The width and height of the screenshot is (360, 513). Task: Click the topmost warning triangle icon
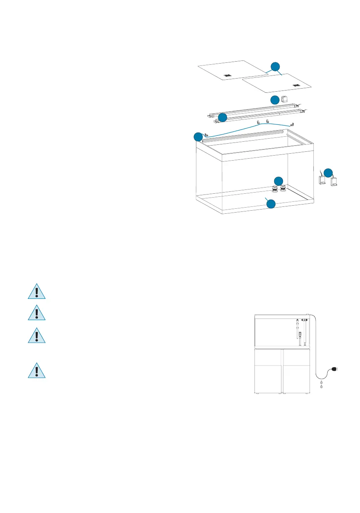click(x=37, y=292)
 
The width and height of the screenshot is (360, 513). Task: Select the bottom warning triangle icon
click(x=37, y=370)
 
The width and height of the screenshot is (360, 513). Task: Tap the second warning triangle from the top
click(x=37, y=313)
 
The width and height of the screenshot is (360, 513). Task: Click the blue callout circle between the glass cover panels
click(x=275, y=66)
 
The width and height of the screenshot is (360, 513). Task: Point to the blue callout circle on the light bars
click(x=222, y=117)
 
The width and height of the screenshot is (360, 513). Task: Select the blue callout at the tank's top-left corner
click(x=198, y=137)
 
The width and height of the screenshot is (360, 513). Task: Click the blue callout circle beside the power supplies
click(x=328, y=173)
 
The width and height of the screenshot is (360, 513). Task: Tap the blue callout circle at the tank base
click(x=271, y=204)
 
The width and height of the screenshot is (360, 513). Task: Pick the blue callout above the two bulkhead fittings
click(x=278, y=181)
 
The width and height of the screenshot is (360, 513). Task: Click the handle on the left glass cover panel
click(x=227, y=75)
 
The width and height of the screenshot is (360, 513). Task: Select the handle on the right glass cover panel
click(x=296, y=85)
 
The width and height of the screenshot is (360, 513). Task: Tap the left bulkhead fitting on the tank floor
click(x=275, y=189)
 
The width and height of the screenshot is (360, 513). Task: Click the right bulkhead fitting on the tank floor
click(x=283, y=189)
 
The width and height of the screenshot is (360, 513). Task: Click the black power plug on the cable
click(x=334, y=370)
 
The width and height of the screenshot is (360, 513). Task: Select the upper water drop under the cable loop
click(x=321, y=382)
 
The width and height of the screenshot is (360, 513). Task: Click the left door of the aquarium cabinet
click(x=268, y=371)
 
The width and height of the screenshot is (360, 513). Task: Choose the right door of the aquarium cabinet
click(x=296, y=371)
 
